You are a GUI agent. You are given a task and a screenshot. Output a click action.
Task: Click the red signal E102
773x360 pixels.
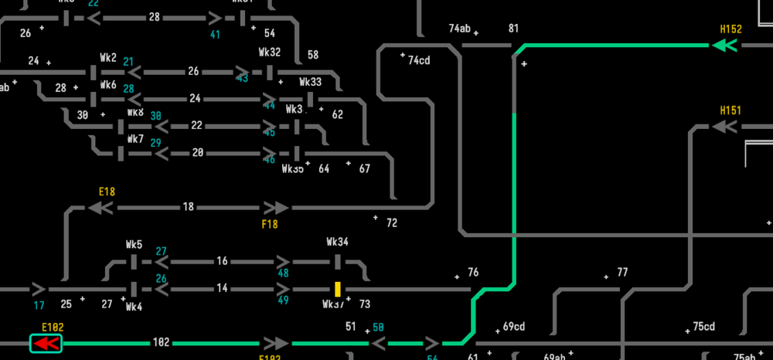coord(46,343)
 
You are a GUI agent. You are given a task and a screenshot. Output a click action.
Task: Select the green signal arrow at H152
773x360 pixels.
coord(724,46)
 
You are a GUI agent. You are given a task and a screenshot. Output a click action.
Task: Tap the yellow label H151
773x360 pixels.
coord(730,110)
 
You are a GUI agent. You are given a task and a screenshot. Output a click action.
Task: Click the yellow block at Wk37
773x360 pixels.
coord(338,289)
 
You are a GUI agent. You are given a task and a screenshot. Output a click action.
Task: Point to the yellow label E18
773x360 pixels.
coord(107,192)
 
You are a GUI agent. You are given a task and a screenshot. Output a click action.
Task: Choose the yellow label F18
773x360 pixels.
coord(270,224)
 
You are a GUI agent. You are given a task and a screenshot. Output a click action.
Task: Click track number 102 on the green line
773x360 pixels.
coord(161,342)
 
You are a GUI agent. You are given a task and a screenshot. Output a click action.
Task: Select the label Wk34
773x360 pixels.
coord(337,242)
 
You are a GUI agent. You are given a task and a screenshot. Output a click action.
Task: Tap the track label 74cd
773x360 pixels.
coord(419,60)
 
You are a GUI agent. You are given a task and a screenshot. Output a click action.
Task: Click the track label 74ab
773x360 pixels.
coord(459,29)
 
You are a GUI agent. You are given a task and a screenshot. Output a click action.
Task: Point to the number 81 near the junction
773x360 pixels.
coord(513,29)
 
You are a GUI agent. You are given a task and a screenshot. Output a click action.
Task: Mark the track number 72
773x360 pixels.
coord(392,223)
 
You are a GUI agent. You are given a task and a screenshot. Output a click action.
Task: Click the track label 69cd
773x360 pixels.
coord(514,326)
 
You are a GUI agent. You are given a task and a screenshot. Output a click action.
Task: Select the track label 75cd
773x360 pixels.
coord(703,326)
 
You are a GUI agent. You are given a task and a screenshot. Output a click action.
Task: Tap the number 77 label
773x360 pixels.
coord(622,272)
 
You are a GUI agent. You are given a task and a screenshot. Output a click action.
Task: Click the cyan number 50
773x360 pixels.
coord(379,327)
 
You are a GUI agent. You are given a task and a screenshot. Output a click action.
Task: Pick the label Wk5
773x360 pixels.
coord(134,245)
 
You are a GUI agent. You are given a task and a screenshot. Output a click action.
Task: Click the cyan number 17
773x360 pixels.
coord(39,304)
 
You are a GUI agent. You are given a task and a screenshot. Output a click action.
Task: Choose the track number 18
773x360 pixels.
coord(188,207)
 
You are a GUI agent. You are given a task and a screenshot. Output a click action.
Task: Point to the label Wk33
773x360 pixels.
coord(310,82)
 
